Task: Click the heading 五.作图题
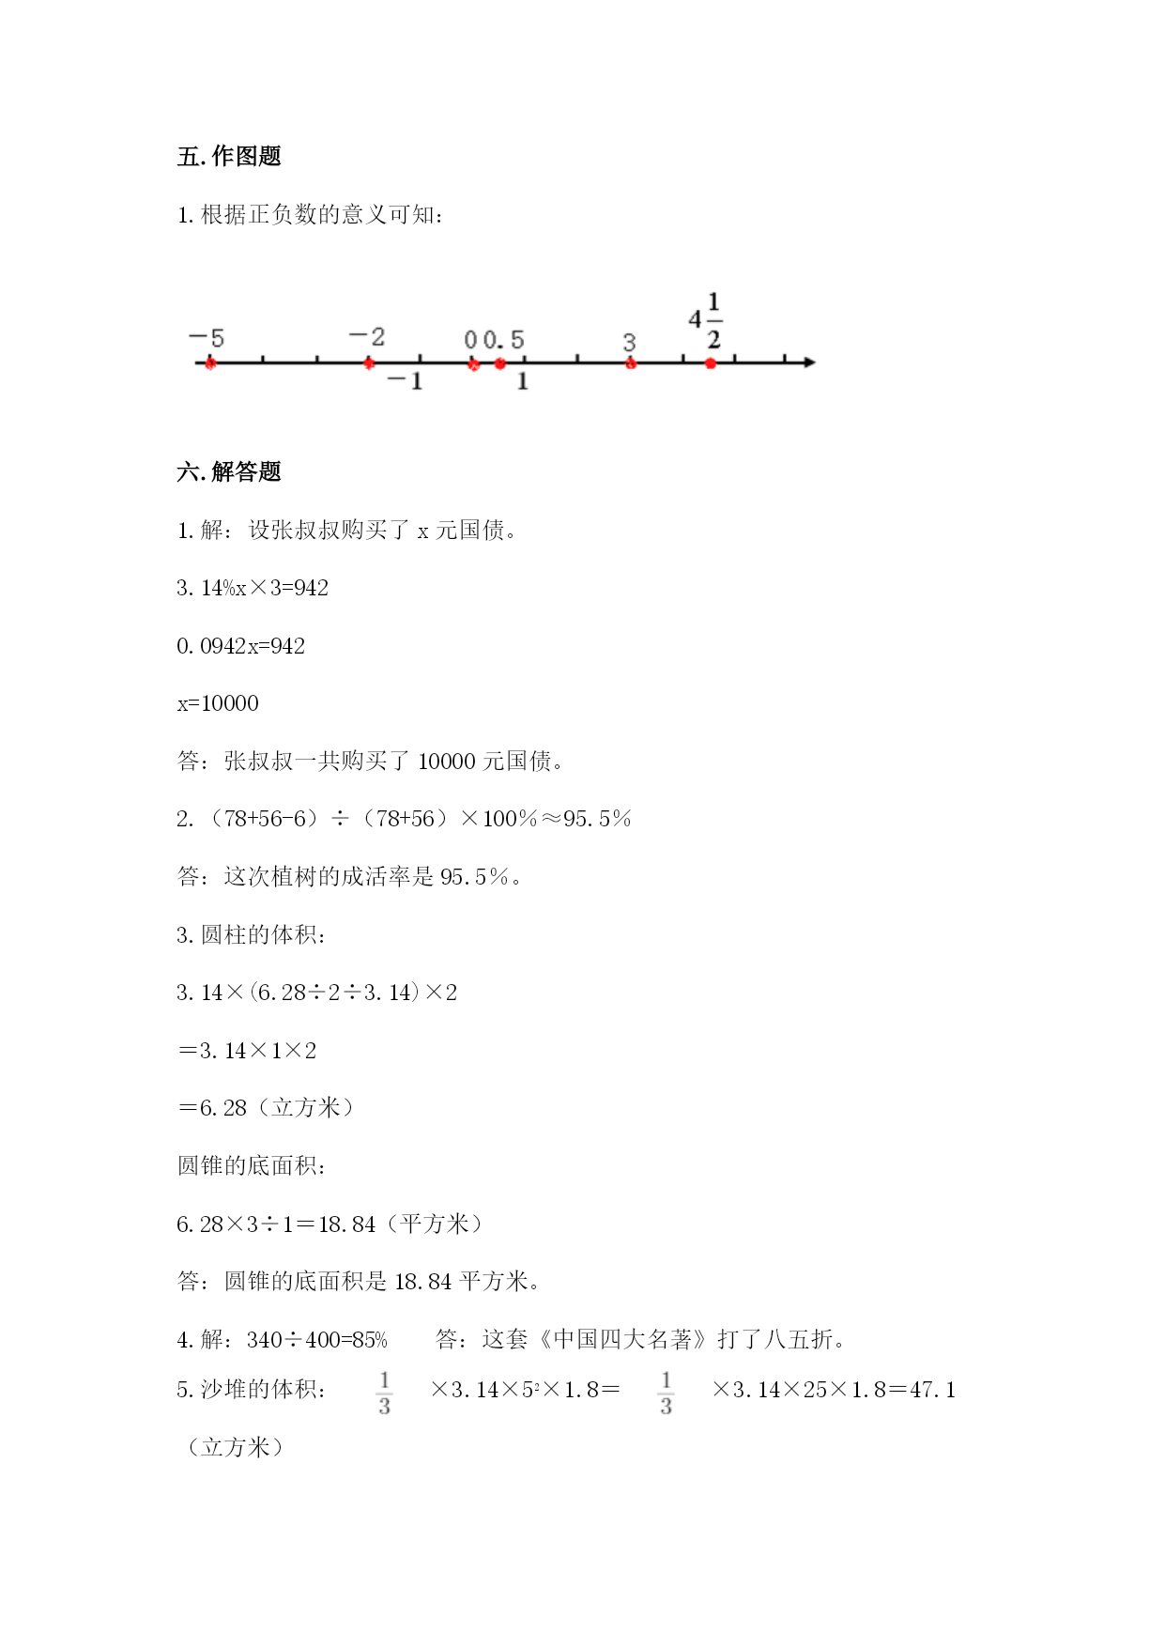(x=229, y=157)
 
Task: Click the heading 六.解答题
(x=229, y=472)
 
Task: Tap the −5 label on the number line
(x=207, y=338)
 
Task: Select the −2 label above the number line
(x=367, y=336)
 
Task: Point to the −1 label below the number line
(x=406, y=381)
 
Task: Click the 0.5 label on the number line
(x=504, y=340)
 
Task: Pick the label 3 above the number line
(x=629, y=343)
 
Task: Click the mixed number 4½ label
(x=705, y=320)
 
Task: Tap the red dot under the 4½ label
(x=711, y=363)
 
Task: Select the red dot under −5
(x=210, y=363)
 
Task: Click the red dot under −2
(x=370, y=363)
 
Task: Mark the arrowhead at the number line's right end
(x=810, y=362)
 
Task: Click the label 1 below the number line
(x=523, y=381)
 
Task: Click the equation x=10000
(x=218, y=703)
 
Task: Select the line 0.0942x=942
(x=241, y=646)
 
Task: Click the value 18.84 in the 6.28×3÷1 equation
(x=347, y=1224)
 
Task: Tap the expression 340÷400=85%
(x=317, y=1340)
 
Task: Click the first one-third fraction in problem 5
(x=384, y=1393)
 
